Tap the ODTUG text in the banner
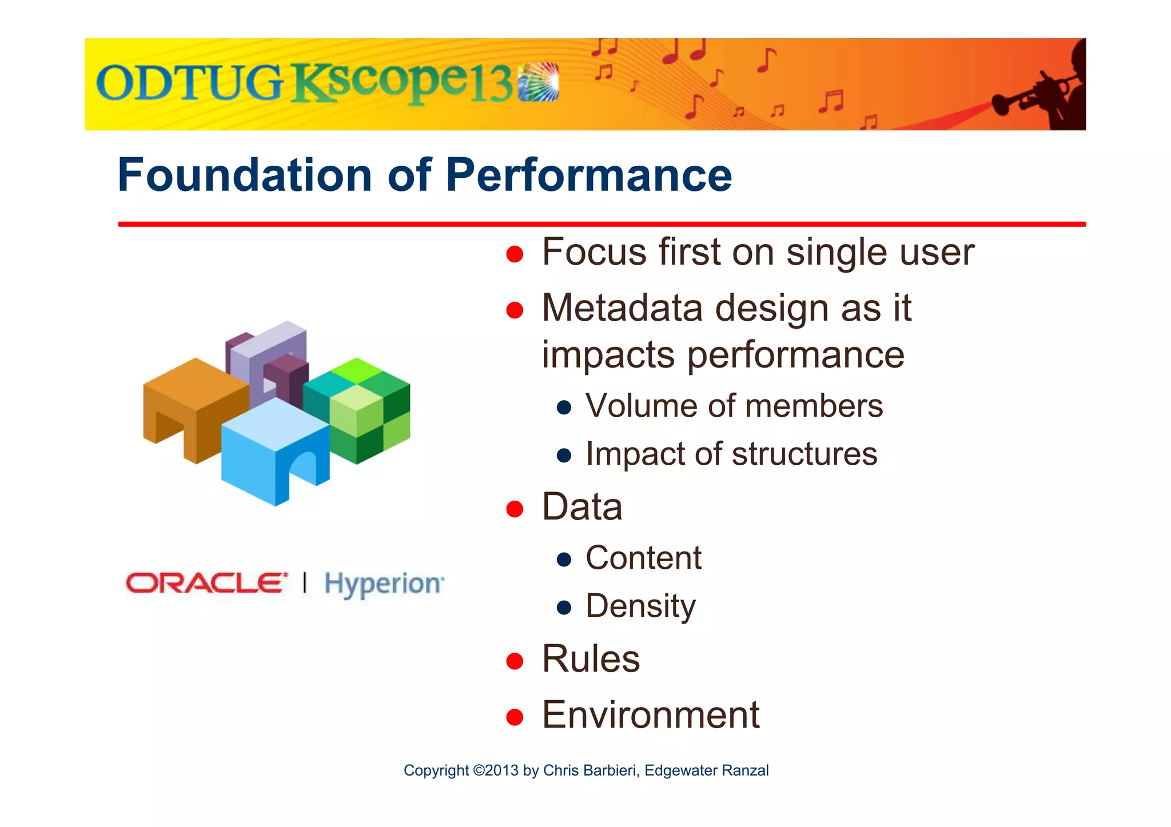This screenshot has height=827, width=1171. point(189,83)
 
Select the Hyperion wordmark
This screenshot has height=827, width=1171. point(384,584)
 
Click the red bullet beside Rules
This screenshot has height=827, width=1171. point(515,661)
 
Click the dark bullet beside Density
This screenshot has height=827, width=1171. point(564,607)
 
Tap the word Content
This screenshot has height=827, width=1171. point(643,558)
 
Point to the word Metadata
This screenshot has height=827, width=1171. point(622,308)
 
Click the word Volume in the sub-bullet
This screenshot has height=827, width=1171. point(640,406)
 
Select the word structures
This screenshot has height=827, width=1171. point(804,454)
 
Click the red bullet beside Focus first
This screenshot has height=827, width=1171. point(515,254)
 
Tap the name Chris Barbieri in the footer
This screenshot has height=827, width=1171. point(590,770)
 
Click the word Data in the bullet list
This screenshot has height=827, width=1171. point(581,507)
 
